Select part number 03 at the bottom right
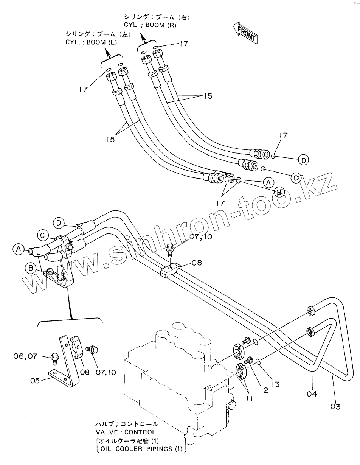point(335,407)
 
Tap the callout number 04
point(312,394)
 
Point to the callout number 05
point(35,381)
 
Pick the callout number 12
point(264,390)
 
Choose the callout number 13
point(275,384)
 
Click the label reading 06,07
point(25,356)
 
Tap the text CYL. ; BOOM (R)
point(150,25)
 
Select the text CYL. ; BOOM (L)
point(91,42)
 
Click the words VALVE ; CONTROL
point(126,432)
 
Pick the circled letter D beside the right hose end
point(303,160)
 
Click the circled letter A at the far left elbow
point(17,249)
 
